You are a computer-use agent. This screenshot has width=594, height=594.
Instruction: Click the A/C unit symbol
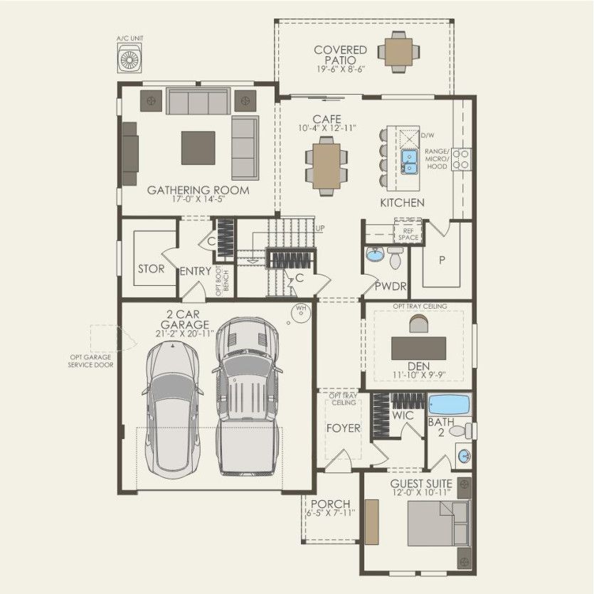130,58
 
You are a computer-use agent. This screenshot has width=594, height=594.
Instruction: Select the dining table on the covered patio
400,51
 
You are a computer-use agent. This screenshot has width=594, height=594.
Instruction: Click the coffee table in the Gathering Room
198,147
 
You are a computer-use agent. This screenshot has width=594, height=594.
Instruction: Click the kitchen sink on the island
410,162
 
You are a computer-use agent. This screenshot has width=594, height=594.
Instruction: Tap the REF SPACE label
408,233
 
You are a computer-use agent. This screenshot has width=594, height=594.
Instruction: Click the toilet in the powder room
396,258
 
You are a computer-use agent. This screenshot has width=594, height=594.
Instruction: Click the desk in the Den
419,348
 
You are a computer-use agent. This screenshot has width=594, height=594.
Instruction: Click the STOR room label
151,269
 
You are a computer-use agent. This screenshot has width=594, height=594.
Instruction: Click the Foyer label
343,428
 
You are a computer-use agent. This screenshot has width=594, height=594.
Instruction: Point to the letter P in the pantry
441,260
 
